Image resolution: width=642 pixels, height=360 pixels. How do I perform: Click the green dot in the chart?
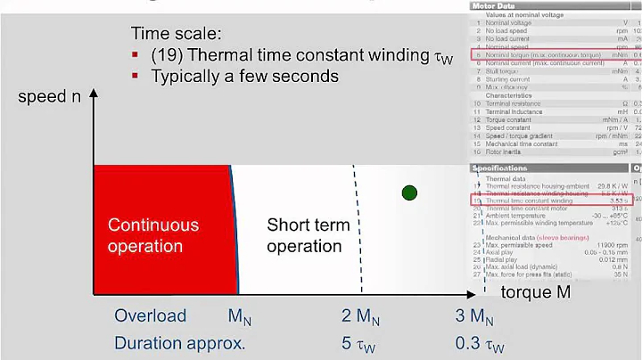409,192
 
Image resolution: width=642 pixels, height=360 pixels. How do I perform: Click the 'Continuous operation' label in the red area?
152,235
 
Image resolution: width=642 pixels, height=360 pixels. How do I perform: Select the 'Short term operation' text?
308,235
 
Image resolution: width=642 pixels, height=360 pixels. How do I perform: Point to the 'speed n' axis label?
55,96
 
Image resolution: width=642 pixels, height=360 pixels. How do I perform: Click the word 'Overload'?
150,315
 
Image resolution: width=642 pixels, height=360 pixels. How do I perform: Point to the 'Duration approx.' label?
179,343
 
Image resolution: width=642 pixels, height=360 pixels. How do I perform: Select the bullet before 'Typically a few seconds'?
136,76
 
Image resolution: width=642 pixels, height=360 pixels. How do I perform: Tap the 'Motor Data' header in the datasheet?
494,4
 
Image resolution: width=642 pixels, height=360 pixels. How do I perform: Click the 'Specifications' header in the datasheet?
499,168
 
